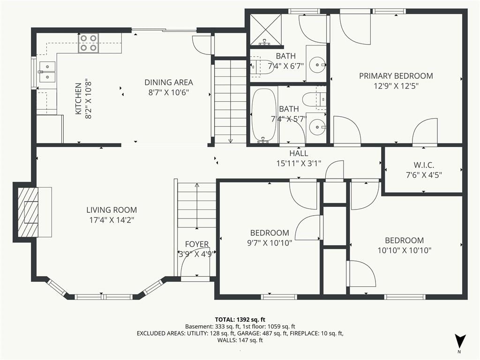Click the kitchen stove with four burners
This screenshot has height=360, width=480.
pos(89,43)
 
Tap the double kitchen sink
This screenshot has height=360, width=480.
pos(47,72)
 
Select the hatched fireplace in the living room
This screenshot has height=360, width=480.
pos(28,212)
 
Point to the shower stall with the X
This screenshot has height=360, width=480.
pos(265,30)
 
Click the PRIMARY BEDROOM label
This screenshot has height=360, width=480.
pos(396,75)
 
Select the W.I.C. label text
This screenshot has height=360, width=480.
pos(424,165)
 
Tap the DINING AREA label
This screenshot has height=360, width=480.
pos(169,82)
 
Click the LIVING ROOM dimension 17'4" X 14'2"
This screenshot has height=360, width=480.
pos(112,220)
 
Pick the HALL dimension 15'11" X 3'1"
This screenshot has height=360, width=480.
pos(299,164)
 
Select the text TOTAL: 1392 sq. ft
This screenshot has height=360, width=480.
pos(240,320)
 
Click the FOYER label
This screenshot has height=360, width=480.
pos(197,244)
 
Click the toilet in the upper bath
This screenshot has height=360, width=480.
pos(262,66)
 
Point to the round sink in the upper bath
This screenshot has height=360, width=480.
pos(316,65)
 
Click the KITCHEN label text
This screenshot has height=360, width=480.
pos(78,98)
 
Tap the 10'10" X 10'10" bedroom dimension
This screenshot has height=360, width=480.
pos(405,250)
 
